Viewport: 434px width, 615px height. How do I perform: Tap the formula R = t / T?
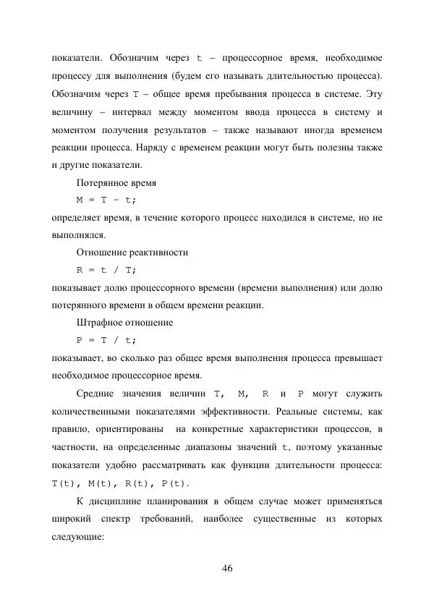point(106,270)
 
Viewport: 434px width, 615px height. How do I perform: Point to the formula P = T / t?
point(106,340)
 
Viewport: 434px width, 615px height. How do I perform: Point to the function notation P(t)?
point(177,483)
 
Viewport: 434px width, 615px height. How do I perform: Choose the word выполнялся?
point(79,234)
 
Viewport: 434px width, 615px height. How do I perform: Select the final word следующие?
point(80,536)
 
